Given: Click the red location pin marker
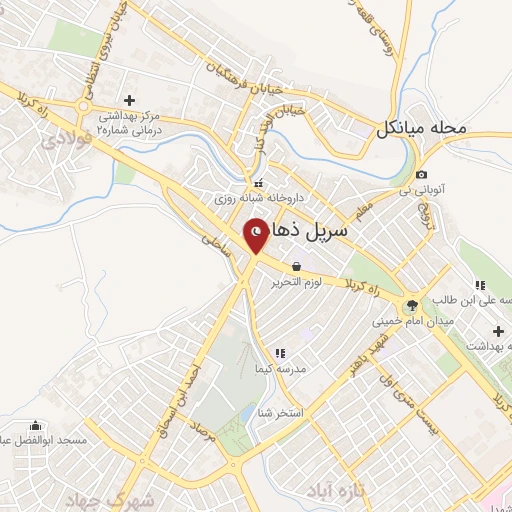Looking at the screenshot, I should (x=256, y=235).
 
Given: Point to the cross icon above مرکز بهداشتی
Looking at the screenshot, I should (x=129, y=100).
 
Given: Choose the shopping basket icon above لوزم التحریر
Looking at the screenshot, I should (x=297, y=267).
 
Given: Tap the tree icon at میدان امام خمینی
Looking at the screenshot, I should (x=410, y=305).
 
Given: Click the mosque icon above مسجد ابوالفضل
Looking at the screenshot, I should (x=37, y=424).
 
